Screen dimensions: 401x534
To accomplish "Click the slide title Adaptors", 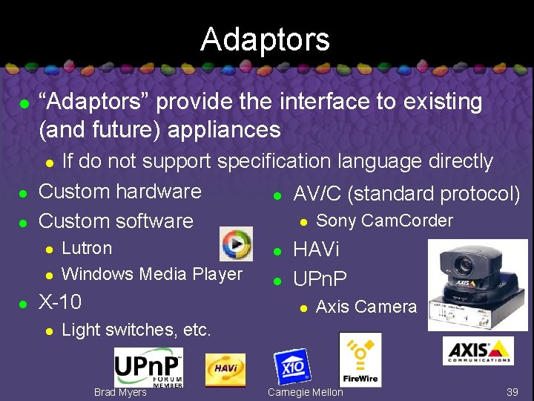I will pos(265,39).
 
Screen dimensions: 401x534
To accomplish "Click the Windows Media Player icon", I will pos(236,244).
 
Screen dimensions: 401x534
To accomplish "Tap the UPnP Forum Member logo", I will pos(148,367).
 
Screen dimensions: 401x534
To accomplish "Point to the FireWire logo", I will pos(360,359).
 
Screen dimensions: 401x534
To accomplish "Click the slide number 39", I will pos(512,392).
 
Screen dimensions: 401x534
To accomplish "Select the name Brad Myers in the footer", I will pos(120,392).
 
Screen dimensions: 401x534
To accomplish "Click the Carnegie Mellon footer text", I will pos(306,392).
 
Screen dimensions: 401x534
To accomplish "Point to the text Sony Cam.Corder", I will pos(384,221).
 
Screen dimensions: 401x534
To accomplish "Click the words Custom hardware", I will pos(119,191).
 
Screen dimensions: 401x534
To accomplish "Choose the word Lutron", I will pos(87,248).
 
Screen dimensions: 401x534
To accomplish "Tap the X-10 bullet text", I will pos(59,302).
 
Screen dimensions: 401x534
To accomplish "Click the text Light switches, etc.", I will pos(136,330).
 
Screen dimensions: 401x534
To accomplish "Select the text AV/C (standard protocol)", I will pos(406,194).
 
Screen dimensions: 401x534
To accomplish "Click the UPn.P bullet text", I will pos(320,279).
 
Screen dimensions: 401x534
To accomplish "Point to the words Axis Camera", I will pos(366,306).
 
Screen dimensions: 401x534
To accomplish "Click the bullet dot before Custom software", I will pos(24,222).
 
